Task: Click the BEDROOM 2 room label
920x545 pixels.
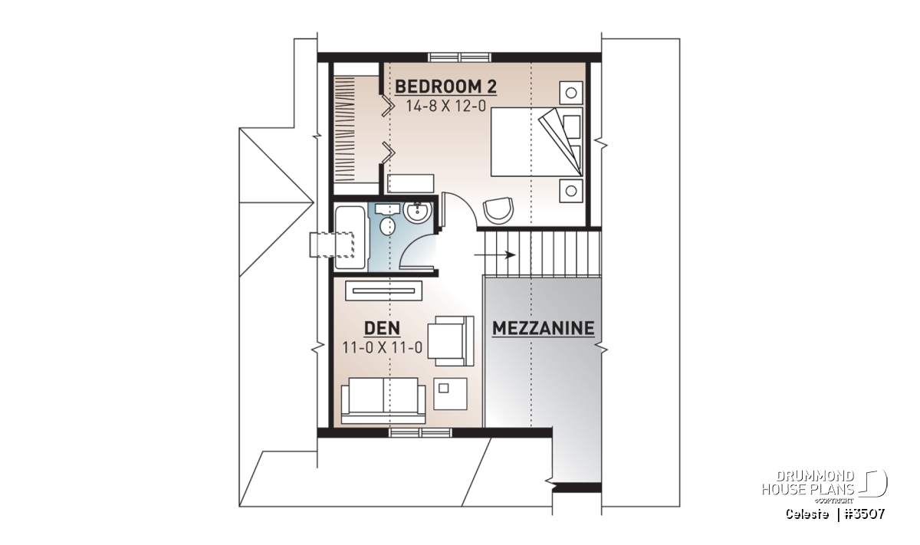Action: coord(445,87)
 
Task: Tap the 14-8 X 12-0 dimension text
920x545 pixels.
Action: coord(446,107)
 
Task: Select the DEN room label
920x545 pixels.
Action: coord(382,328)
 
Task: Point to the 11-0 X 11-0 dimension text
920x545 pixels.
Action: coord(383,348)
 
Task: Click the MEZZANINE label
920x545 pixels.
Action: coord(543,328)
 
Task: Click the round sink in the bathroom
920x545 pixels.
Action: coord(417,212)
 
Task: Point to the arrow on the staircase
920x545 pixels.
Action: coord(495,255)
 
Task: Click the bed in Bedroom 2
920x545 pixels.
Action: coord(537,142)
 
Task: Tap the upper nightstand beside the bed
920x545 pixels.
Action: coord(571,93)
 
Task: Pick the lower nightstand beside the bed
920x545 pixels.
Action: coord(571,191)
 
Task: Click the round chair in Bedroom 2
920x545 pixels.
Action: coord(498,210)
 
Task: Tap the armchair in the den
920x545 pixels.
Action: coord(451,341)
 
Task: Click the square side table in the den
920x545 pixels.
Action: coord(451,393)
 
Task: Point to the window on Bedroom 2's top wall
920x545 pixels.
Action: coord(459,57)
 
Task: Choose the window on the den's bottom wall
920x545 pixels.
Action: coord(420,432)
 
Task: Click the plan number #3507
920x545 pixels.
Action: coord(864,514)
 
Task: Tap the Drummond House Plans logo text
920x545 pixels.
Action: coord(808,483)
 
